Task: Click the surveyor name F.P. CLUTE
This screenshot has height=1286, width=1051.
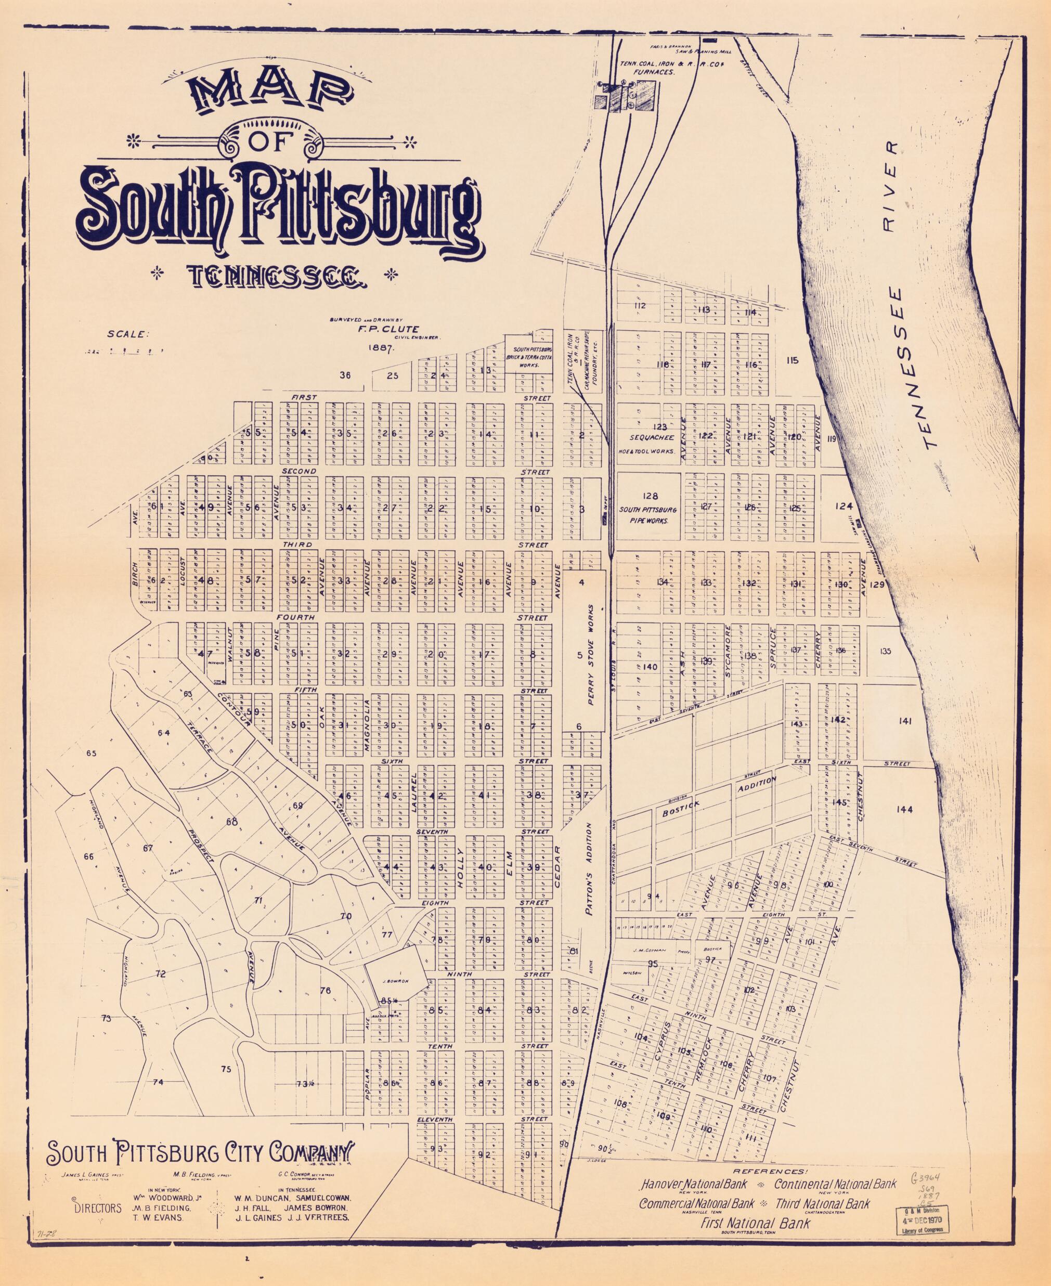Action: point(379,329)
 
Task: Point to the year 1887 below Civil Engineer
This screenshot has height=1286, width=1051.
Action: point(380,348)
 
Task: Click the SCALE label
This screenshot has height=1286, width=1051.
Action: point(128,333)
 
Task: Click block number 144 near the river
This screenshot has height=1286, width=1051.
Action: point(904,810)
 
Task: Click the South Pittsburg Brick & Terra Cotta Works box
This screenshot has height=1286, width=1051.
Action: point(531,358)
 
